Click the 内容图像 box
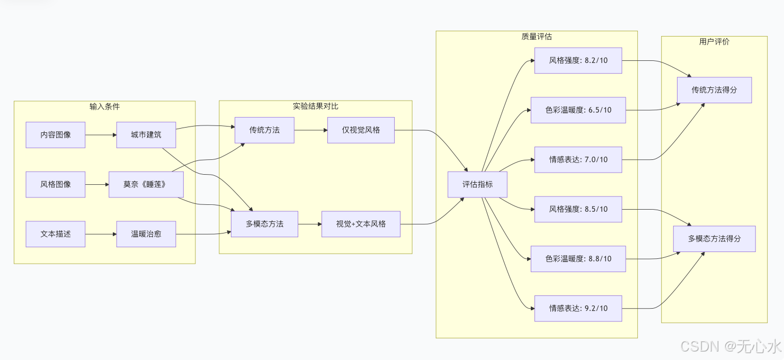click(x=56, y=135)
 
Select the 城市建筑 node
click(x=146, y=135)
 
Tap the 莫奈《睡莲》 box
click(x=146, y=185)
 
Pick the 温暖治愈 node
click(x=146, y=234)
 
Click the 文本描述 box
click(x=56, y=234)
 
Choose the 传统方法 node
click(x=264, y=130)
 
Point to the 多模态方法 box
click(x=264, y=224)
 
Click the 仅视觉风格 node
click(x=361, y=130)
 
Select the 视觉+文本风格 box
click(x=361, y=224)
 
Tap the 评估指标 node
click(x=477, y=185)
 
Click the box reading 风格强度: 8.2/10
click(x=578, y=60)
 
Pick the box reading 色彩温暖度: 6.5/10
click(x=578, y=110)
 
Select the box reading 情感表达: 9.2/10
click(x=578, y=308)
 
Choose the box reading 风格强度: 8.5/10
click(x=578, y=209)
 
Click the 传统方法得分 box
click(x=714, y=90)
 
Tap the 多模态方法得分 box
click(x=714, y=239)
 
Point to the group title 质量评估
click(x=537, y=37)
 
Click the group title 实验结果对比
click(x=316, y=106)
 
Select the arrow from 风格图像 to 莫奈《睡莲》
click(x=96, y=185)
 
